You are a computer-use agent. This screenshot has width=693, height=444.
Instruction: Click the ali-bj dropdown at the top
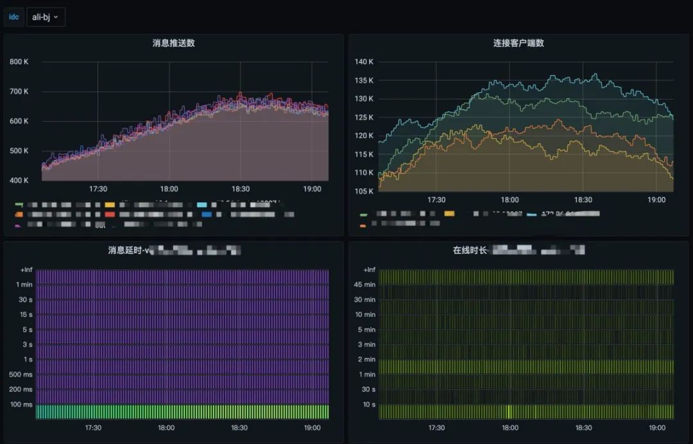46,17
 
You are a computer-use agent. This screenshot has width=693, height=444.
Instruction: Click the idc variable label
14,17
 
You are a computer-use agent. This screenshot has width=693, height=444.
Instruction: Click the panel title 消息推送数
174,43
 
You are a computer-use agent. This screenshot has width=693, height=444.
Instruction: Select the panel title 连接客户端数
518,43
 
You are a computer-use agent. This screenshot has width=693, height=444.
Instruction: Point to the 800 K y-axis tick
19,62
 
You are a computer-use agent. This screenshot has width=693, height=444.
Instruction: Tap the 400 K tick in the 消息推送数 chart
19,180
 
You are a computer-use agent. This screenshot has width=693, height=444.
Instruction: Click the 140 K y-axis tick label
364,62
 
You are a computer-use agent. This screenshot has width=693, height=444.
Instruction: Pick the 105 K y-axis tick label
364,191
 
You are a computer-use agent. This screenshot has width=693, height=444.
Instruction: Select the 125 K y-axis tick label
364,117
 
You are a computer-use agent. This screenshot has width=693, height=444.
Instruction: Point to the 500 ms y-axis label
21,374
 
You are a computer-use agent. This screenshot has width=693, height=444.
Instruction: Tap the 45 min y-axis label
365,285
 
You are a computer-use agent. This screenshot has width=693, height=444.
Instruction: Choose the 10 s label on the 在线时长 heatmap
369,404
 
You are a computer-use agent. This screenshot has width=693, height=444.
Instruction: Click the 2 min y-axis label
366,359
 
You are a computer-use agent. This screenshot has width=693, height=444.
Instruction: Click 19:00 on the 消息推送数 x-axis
312,189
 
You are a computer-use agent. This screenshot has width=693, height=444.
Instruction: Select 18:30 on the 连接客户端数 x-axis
583,200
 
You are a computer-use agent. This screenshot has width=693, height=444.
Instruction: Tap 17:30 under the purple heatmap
94,427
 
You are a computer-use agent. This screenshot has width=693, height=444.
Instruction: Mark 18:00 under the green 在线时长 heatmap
510,427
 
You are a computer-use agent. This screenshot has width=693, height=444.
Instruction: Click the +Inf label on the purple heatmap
26,270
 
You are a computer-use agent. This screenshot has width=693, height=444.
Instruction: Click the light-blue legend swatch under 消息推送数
201,205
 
